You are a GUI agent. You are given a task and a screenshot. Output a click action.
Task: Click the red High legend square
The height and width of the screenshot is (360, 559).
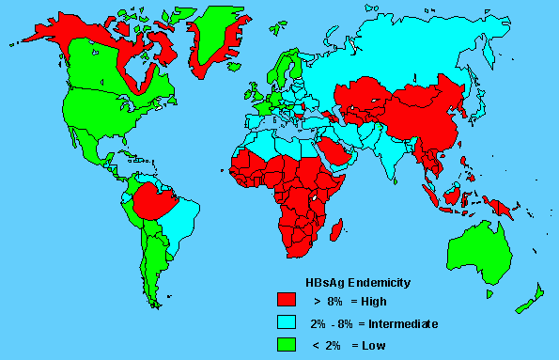pos(287,300)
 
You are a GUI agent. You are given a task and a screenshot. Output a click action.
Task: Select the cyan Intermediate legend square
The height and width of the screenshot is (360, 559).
pos(287,322)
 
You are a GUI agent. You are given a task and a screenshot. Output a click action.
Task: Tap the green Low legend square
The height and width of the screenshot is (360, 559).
pos(287,345)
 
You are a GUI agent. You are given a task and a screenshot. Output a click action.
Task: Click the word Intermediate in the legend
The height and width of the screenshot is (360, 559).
pos(402,323)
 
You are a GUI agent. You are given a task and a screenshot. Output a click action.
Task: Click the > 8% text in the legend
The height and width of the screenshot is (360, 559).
pos(324,301)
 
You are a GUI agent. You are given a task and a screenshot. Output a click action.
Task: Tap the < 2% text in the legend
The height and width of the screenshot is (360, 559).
pos(324,346)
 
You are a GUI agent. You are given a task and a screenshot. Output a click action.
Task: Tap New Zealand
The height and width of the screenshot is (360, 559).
pos(531,296)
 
